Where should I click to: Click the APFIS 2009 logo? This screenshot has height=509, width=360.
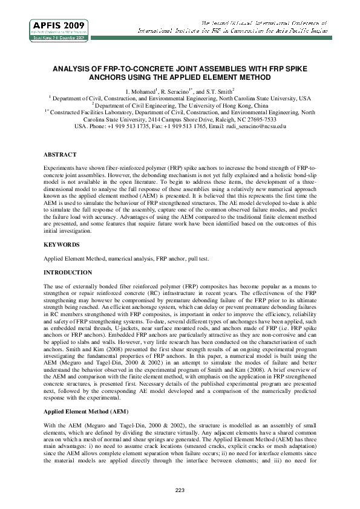click(59, 28)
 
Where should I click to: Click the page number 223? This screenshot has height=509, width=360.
click(180, 489)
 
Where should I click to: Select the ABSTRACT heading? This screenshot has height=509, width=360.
click(60, 154)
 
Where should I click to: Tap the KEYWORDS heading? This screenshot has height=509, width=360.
click(61, 245)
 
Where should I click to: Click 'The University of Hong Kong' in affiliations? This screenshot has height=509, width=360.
click(211, 105)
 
